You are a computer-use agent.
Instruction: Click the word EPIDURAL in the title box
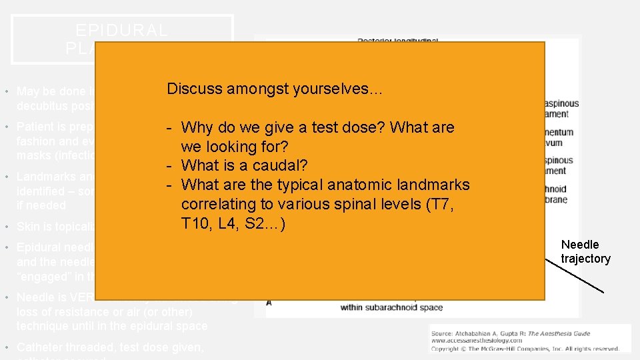122,31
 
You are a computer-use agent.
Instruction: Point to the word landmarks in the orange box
435,185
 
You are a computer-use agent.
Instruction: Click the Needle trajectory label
585,251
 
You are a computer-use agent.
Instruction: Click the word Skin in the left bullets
28,227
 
